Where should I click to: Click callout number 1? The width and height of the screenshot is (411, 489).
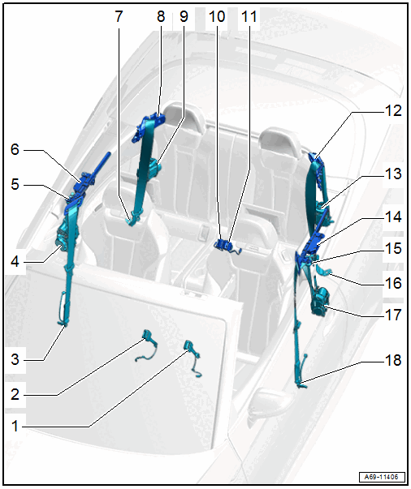point(15,427)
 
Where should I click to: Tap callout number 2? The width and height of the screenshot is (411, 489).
point(15,394)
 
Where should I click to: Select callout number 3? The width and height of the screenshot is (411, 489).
point(15,359)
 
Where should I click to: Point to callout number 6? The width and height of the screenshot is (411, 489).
point(15,149)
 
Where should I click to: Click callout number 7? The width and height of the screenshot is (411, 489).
point(119,16)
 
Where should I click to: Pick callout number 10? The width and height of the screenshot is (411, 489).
point(217,16)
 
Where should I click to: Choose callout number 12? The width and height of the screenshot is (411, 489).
point(393,110)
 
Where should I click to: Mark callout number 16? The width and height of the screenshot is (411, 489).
point(393,283)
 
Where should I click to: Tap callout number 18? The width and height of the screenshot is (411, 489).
point(393,360)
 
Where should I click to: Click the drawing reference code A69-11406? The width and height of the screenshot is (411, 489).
point(381,477)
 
